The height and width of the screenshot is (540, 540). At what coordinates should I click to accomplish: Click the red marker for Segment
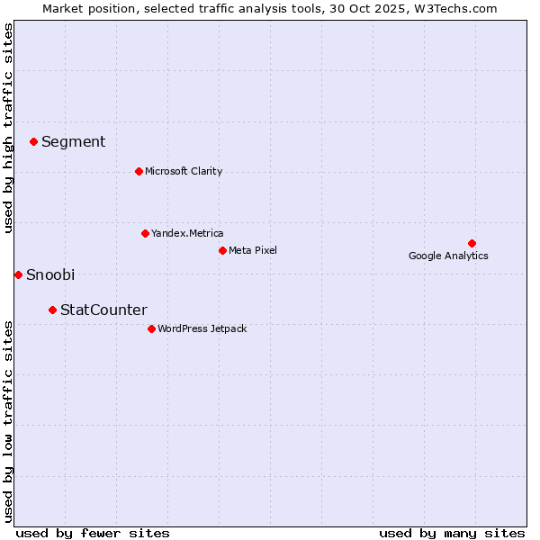pyautogui.click(x=33, y=141)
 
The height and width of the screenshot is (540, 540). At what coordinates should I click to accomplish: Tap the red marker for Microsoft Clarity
pyautogui.click(x=139, y=171)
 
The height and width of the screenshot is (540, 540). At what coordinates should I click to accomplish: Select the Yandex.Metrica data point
pyautogui.click(x=145, y=233)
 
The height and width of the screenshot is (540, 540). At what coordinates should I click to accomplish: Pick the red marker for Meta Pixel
pyautogui.click(x=222, y=250)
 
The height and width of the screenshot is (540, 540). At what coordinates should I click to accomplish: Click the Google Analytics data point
pyautogui.click(x=472, y=243)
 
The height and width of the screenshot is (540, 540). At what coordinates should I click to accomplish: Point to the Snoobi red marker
pyautogui.click(x=18, y=274)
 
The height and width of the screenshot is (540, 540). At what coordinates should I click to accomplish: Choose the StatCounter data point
pyautogui.click(x=52, y=310)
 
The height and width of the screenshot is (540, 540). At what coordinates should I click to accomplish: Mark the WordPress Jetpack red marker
pyautogui.click(x=151, y=328)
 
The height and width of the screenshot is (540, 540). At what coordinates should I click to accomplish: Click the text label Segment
pyautogui.click(x=73, y=141)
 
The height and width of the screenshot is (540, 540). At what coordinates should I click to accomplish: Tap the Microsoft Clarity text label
pyautogui.click(x=184, y=171)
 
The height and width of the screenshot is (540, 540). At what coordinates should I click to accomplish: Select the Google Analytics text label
pyautogui.click(x=448, y=256)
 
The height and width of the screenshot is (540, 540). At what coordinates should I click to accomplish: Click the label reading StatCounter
pyautogui.click(x=103, y=310)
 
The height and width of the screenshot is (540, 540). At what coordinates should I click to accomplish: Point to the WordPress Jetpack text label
pyautogui.click(x=202, y=328)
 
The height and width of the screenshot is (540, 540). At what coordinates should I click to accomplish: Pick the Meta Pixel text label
pyautogui.click(x=253, y=250)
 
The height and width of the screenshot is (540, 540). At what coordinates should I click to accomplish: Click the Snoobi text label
pyautogui.click(x=50, y=274)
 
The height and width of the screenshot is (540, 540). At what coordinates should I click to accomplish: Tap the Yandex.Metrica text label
pyautogui.click(x=187, y=233)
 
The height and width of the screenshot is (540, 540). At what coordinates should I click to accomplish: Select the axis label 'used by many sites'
pyautogui.click(x=452, y=533)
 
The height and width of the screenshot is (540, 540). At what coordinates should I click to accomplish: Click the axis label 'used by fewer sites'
pyautogui.click(x=93, y=533)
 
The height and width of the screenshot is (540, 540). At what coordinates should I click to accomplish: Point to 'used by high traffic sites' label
pyautogui.click(x=9, y=128)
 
